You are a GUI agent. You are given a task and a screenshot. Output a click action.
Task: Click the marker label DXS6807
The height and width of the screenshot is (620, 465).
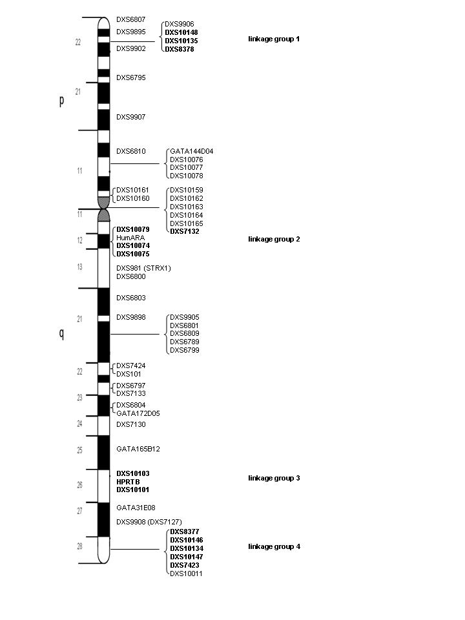click(x=131, y=19)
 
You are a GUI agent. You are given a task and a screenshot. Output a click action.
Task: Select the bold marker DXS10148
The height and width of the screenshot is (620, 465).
click(x=181, y=32)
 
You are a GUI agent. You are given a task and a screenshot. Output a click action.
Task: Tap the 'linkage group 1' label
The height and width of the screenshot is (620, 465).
click(x=274, y=39)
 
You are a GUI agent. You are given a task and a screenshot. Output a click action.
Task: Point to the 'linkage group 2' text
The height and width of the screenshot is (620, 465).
click(x=274, y=239)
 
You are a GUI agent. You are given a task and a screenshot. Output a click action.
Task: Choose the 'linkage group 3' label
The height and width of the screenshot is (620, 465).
click(x=274, y=478)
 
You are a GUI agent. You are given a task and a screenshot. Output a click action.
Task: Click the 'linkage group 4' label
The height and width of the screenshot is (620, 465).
click(x=274, y=546)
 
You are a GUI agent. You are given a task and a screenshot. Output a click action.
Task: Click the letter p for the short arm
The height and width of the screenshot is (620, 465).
click(x=61, y=101)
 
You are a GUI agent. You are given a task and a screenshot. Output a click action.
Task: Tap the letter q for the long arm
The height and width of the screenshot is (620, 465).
click(x=61, y=334)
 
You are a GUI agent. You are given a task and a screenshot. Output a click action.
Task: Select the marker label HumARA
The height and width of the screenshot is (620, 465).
click(x=130, y=238)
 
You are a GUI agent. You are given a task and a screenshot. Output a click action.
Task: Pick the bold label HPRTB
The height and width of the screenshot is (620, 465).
click(x=128, y=482)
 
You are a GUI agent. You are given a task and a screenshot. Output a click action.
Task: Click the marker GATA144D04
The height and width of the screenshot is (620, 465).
click(x=192, y=151)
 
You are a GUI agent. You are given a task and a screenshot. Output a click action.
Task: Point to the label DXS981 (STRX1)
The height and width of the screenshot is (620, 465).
click(x=143, y=268)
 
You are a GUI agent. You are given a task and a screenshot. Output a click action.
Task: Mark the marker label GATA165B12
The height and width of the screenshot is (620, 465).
click(x=138, y=449)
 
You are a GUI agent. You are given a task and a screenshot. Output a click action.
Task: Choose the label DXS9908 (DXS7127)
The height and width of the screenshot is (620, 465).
click(x=149, y=522)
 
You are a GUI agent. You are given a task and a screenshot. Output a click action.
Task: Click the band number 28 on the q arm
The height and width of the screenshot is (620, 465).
click(x=79, y=546)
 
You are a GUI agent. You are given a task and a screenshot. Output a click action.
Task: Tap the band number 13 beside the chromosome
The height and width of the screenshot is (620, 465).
click(x=79, y=267)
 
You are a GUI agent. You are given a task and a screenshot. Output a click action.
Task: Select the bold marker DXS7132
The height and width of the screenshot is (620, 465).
click(x=185, y=231)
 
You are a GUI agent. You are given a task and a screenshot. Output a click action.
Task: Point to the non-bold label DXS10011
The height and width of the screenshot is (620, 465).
click(x=186, y=573)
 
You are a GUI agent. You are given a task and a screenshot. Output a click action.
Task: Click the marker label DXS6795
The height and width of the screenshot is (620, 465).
click(x=131, y=77)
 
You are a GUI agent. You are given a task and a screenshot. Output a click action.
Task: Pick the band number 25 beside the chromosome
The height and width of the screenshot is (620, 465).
click(x=79, y=450)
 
